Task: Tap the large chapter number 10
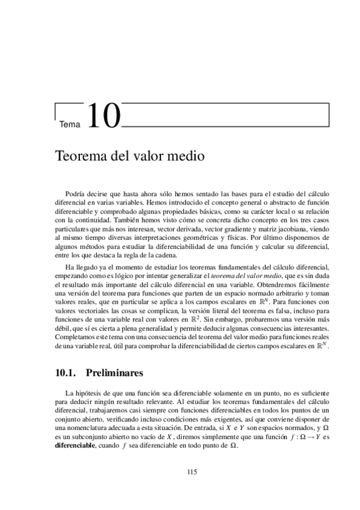(103, 117)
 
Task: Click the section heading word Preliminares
(115, 373)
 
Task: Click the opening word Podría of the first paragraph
(76, 195)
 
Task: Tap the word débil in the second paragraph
(62, 330)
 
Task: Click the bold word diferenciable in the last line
(75, 444)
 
